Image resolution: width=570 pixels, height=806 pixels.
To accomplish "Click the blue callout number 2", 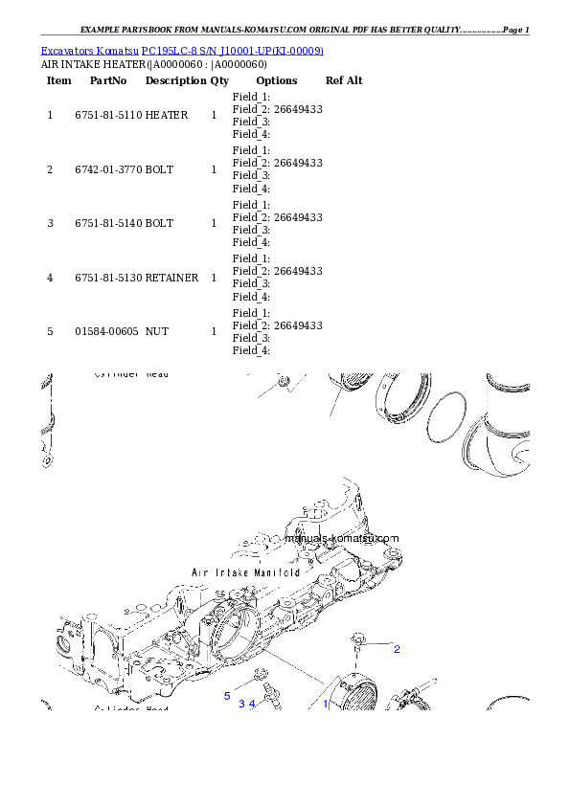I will (x=397, y=650).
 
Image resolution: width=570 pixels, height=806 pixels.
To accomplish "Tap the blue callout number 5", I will (x=227, y=696).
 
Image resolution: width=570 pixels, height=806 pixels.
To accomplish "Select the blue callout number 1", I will (x=325, y=704).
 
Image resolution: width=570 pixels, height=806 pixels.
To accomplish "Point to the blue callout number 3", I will (x=241, y=704).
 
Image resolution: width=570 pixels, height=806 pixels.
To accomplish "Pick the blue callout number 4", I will (x=252, y=704).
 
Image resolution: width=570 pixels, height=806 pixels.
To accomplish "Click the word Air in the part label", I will (x=200, y=572).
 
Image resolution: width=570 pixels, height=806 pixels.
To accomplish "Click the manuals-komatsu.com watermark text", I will (x=341, y=539).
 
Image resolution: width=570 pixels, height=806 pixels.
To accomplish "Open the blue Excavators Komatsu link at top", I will (x=182, y=50).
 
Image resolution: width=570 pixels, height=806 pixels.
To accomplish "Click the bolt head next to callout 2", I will (x=358, y=638).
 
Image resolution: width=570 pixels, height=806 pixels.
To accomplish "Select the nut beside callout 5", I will (x=261, y=682).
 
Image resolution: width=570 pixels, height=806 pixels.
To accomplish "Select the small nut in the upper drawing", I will (x=283, y=382).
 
